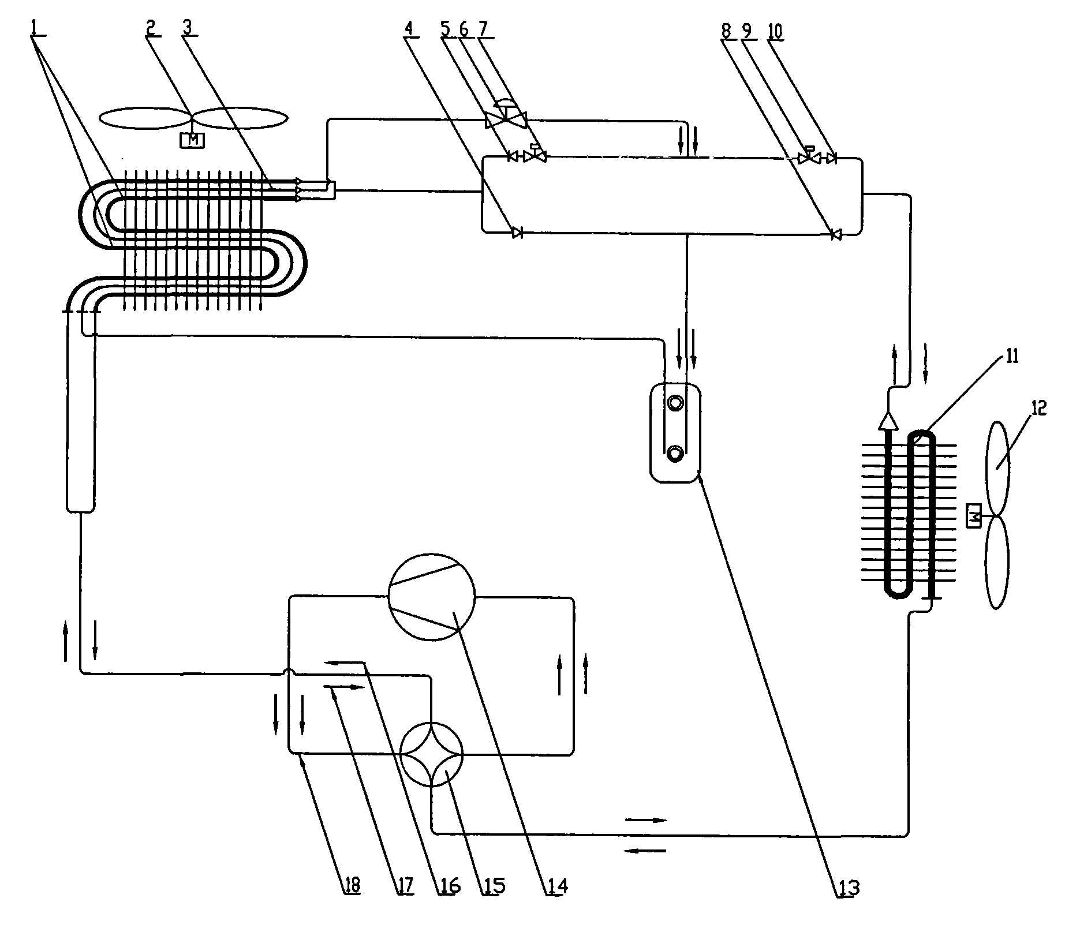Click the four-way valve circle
432,754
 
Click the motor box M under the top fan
193,140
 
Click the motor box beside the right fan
974,515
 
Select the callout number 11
1012,356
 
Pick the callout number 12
1038,409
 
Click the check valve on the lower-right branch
835,234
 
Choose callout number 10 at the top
775,32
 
